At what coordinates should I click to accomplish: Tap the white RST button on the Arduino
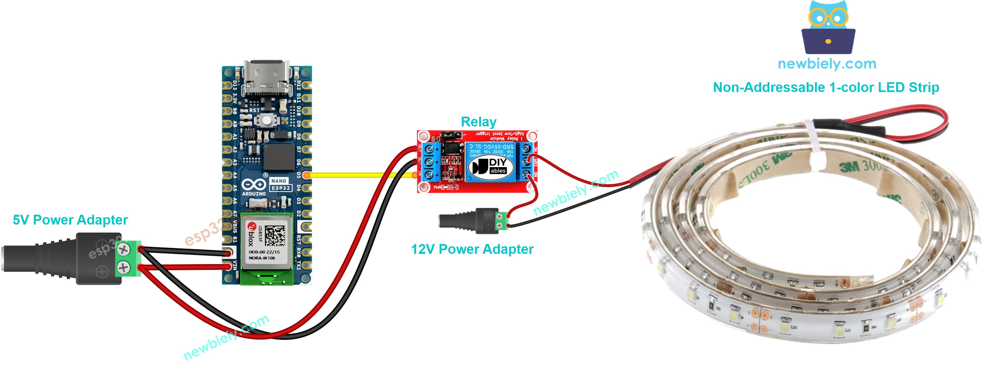click(x=267, y=121)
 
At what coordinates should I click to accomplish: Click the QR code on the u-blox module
click(x=275, y=236)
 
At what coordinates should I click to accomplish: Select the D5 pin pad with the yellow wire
click(x=306, y=175)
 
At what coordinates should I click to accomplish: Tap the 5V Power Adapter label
click(x=70, y=220)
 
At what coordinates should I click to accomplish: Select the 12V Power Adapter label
click(x=472, y=250)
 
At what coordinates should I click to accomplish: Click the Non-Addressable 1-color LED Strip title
click(x=826, y=88)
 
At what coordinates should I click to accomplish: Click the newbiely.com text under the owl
click(x=827, y=64)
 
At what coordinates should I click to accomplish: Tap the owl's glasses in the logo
click(x=828, y=18)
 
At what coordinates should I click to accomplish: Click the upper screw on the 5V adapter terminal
click(x=123, y=250)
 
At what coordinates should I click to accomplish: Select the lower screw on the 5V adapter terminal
click(x=123, y=267)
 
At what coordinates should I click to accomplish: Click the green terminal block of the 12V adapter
click(x=501, y=221)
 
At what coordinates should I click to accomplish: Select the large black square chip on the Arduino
click(x=279, y=157)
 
